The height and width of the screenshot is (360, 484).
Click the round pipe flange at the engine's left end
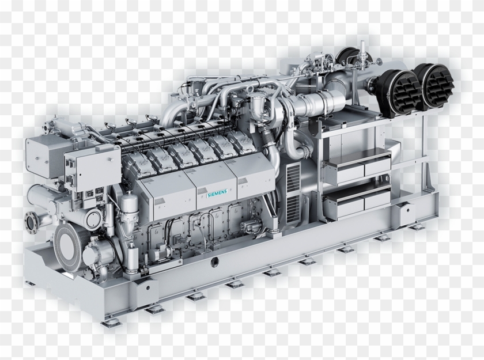click(32, 219)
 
